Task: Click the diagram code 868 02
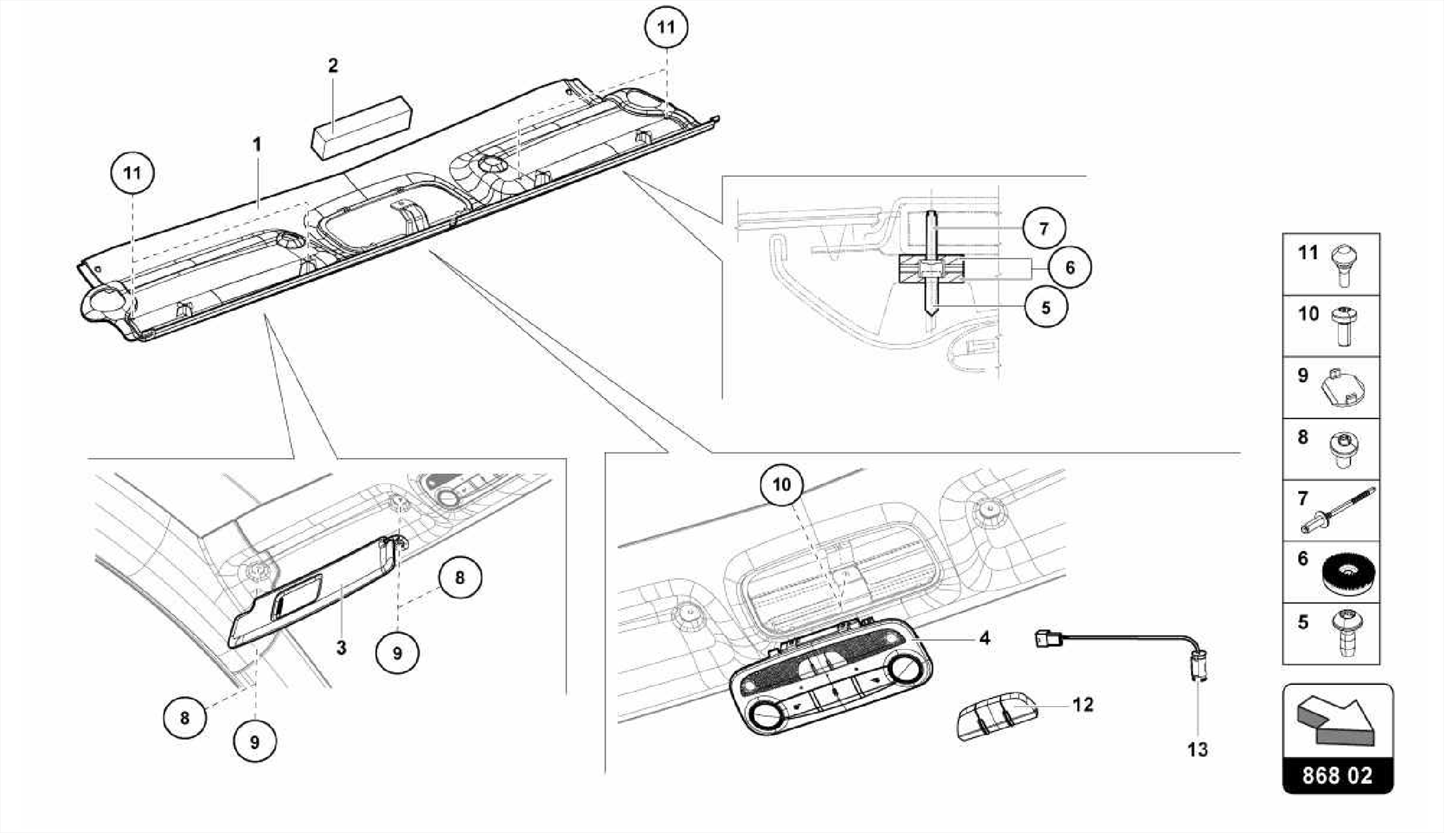tap(1338, 776)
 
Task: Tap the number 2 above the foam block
tap(333, 66)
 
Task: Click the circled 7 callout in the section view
tap(1044, 228)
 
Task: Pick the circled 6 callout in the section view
tap(1069, 267)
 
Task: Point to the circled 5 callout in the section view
tap(1046, 307)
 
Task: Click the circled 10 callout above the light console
tap(781, 485)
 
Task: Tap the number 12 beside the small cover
tap(1083, 704)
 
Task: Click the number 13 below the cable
tap(1197, 749)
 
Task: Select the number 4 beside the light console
tap(984, 638)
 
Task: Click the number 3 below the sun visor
tap(341, 648)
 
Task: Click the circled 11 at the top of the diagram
tap(666, 27)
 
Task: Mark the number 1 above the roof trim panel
tap(257, 145)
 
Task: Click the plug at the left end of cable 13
tap(1045, 638)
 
